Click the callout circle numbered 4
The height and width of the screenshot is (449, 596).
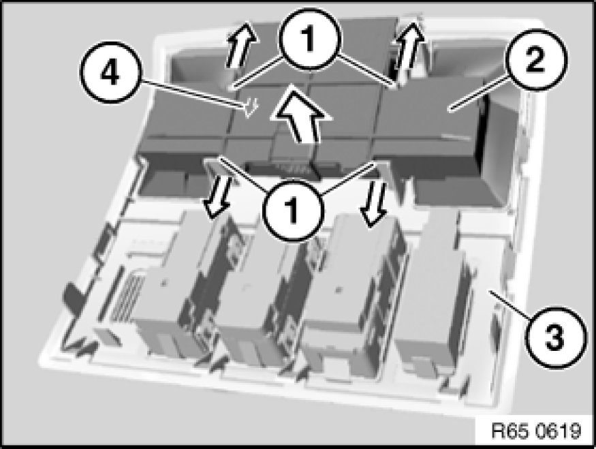point(110,72)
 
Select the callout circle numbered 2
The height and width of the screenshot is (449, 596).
point(536,60)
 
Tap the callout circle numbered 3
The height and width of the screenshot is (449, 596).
point(554,337)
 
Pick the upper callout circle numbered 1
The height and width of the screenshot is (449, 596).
point(310,39)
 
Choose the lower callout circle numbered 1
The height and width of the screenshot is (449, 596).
point(293,209)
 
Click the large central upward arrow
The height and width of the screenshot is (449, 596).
point(301,114)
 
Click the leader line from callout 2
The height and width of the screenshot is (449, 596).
point(480,93)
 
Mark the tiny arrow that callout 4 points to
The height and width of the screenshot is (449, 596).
point(251,107)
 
